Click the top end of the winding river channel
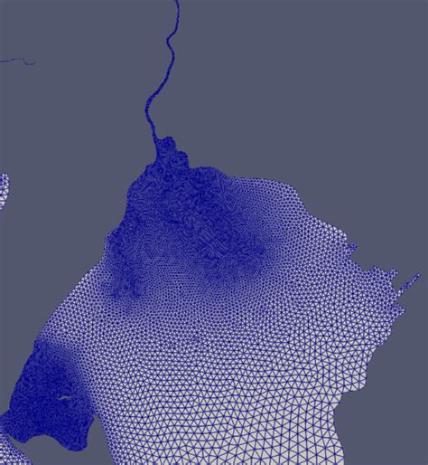click(175, 3)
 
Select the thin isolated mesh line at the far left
click(18, 61)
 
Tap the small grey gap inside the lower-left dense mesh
click(66, 398)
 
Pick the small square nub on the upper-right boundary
click(352, 247)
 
